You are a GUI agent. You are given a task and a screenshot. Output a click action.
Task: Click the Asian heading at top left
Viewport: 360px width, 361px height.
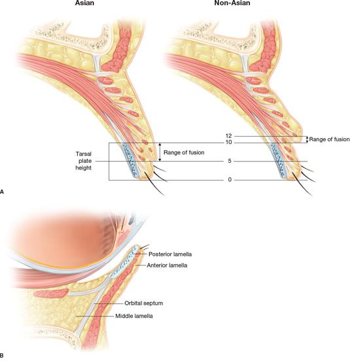[84, 3]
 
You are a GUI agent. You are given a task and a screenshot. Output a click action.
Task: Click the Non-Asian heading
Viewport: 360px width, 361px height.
[232, 3]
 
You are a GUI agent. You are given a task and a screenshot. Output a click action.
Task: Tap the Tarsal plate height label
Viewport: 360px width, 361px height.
[83, 161]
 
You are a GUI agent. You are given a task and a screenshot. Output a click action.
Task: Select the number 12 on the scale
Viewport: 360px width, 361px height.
[228, 136]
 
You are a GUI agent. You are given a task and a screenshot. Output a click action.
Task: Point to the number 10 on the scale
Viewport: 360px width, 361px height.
[228, 143]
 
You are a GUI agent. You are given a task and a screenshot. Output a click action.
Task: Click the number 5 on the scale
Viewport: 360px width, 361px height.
[230, 161]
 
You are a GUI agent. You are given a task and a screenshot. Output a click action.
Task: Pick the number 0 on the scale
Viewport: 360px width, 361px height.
[230, 180]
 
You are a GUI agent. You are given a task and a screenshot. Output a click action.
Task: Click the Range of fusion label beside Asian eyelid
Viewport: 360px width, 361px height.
[184, 152]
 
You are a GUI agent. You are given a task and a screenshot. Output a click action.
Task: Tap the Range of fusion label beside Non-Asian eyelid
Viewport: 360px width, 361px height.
[329, 139]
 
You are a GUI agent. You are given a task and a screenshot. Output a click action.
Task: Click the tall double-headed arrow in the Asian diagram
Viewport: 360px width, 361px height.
[160, 152]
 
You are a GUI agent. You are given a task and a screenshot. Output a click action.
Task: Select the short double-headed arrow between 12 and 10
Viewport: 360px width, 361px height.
[307, 139]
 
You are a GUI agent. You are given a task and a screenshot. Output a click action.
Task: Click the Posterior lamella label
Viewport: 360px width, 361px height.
[170, 254]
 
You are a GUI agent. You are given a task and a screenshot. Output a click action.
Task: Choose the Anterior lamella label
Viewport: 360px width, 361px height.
[167, 266]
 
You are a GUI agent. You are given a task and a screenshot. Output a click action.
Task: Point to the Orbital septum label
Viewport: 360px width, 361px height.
[143, 303]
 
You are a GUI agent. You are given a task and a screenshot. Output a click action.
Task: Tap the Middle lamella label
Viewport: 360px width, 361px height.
[134, 316]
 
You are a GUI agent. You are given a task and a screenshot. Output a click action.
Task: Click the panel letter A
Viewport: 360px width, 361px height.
[2, 192]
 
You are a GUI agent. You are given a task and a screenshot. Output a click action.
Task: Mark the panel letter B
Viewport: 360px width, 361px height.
[2, 356]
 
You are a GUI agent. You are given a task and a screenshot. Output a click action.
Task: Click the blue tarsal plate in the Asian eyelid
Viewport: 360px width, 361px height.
[131, 160]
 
